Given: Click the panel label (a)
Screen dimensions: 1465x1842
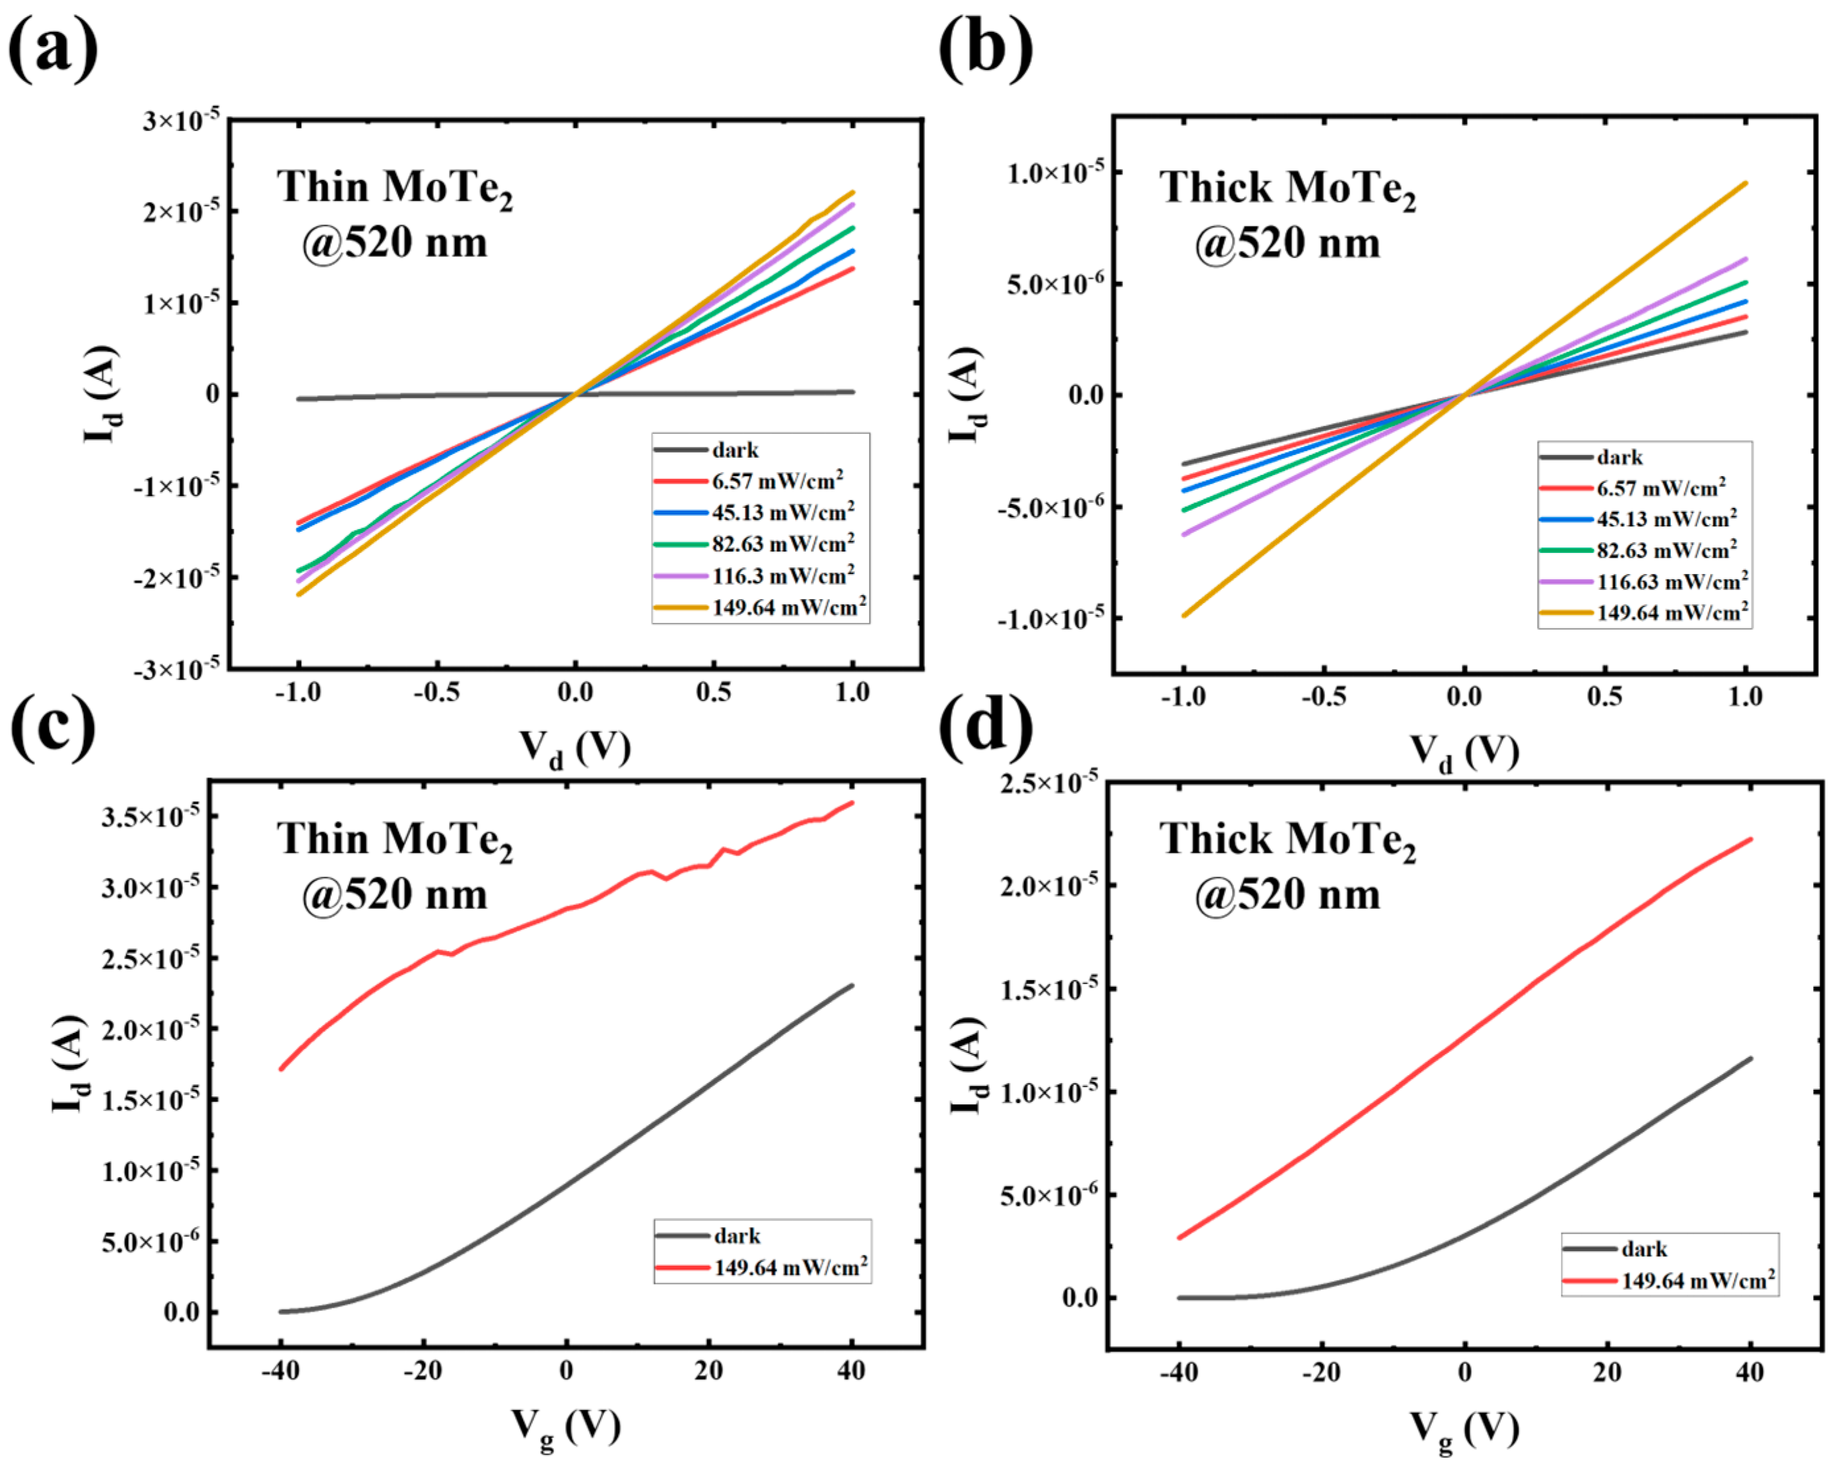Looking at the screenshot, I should [53, 47].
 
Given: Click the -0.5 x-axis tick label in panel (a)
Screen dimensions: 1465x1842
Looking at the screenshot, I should [436, 692].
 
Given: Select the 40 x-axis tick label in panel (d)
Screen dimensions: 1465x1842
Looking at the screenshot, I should [1750, 1373].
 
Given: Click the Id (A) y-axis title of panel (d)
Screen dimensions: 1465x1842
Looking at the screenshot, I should [968, 1066].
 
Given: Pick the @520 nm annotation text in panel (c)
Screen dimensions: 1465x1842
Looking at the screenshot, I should [395, 895].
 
